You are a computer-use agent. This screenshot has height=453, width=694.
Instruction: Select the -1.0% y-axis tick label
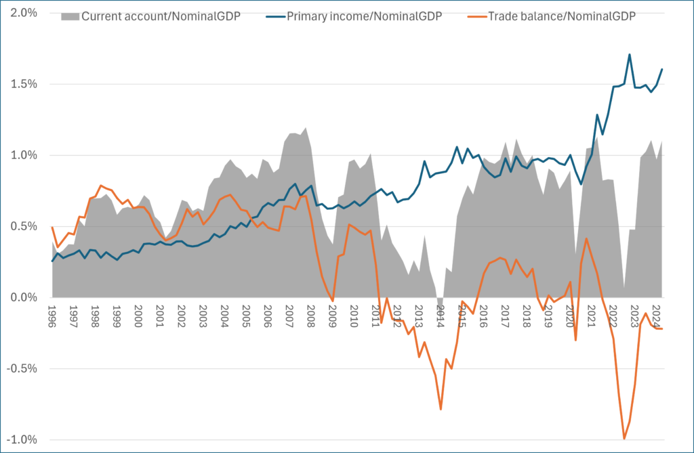[22, 439]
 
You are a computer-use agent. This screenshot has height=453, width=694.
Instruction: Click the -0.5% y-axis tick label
[22, 368]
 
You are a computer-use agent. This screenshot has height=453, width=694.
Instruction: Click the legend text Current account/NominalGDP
[159, 17]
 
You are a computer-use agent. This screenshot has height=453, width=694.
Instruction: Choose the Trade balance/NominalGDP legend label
[562, 17]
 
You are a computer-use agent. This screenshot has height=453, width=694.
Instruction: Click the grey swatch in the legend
[69, 17]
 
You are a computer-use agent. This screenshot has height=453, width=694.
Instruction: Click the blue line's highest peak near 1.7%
[630, 55]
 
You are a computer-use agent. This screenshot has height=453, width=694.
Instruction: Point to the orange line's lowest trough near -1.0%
[624, 439]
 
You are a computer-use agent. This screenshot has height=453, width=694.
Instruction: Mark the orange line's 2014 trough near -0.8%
[441, 409]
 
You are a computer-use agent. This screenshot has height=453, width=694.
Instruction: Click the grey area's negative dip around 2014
[440, 303]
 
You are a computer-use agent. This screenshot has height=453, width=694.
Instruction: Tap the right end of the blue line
[661, 69]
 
